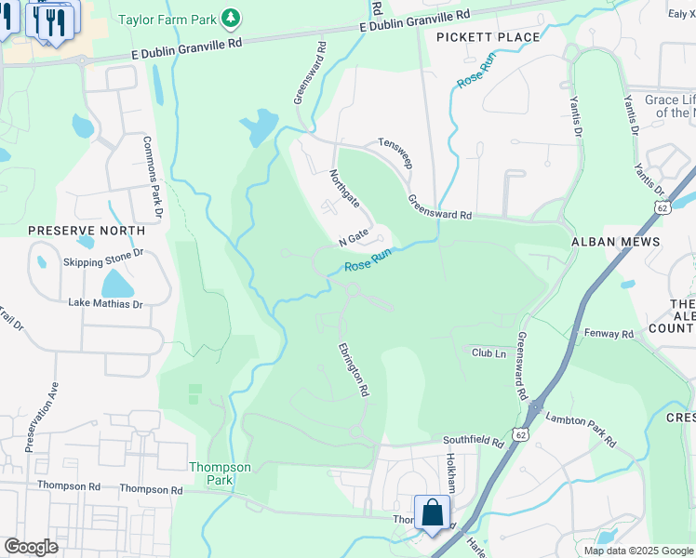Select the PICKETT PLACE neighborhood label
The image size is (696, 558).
(x=488, y=37)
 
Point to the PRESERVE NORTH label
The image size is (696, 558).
(x=87, y=230)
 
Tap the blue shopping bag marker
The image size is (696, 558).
(x=433, y=513)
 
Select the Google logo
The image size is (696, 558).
(x=31, y=547)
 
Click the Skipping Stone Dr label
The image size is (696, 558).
(x=103, y=253)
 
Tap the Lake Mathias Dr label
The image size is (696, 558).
(x=105, y=303)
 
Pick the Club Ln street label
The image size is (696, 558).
(x=488, y=353)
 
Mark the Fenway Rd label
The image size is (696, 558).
(x=609, y=333)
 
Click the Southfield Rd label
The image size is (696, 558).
(x=473, y=443)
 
